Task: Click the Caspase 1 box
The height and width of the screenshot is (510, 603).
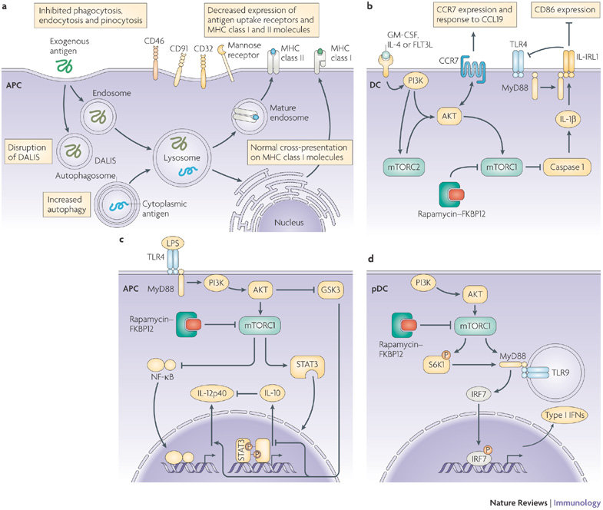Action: coord(567,167)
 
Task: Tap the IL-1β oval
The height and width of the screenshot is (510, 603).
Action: coord(567,119)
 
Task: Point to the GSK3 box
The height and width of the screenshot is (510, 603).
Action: coord(330,290)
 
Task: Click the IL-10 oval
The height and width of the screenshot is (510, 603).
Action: coord(272,393)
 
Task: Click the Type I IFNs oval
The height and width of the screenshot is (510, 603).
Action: coord(565,416)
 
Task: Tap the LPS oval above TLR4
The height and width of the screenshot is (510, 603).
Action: coord(173,243)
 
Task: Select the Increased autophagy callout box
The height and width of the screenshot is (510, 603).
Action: coord(67,204)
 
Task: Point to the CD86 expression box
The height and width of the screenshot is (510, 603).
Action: coord(565,11)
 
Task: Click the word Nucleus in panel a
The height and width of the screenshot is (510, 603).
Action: coord(289,222)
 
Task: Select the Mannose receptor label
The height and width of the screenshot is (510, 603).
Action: coord(244,51)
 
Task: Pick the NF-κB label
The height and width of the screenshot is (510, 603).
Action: coord(162,377)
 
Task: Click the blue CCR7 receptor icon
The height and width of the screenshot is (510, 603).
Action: coord(472,68)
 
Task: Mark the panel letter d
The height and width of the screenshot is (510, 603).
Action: coord(371,259)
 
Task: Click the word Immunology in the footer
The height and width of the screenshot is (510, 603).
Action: coord(577,502)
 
